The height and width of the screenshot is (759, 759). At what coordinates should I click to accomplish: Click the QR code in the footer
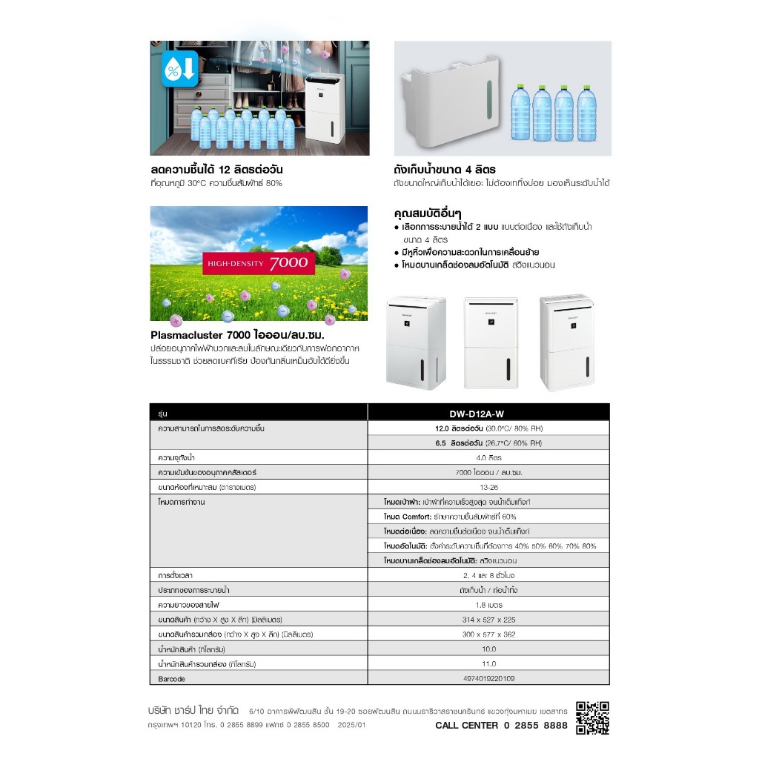coord(592,717)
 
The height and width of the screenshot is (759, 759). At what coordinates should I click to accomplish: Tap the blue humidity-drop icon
coord(180,69)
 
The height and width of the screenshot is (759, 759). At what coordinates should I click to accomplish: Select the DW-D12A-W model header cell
coord(488,414)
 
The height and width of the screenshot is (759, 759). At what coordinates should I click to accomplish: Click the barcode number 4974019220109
coord(488,678)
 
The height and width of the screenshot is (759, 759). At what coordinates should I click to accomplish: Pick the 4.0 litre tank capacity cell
coord(488,458)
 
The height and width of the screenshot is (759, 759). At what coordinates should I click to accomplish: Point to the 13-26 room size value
coord(488,488)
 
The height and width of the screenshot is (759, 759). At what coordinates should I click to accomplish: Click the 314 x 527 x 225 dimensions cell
coord(488,619)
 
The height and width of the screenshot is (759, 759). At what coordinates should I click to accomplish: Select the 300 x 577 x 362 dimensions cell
coord(488,634)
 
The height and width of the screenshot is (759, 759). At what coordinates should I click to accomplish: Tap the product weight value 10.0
coord(488,649)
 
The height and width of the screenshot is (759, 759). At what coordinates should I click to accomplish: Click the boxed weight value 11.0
coord(488,663)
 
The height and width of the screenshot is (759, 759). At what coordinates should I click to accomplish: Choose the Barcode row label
coord(172,678)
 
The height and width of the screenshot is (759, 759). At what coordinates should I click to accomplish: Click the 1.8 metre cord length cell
coord(488,604)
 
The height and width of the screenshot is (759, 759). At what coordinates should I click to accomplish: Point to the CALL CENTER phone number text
coord(501,725)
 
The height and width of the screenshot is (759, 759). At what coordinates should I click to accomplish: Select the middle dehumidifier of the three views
coord(490,342)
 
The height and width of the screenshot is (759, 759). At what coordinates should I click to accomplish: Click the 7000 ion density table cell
coord(488,473)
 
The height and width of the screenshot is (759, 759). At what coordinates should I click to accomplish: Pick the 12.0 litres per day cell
coord(488,428)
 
